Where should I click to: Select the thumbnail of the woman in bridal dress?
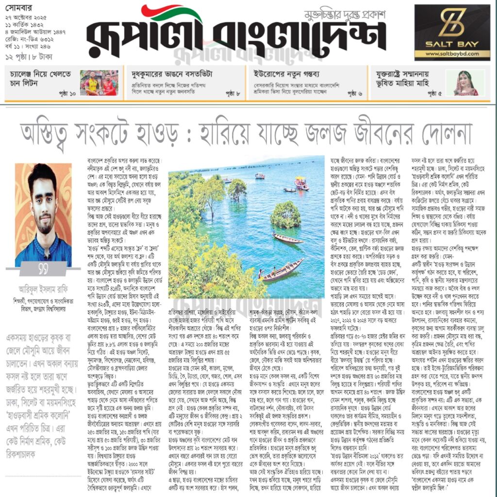[465, 83]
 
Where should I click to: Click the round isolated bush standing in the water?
[285, 214]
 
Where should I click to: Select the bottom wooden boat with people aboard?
[283, 271]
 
